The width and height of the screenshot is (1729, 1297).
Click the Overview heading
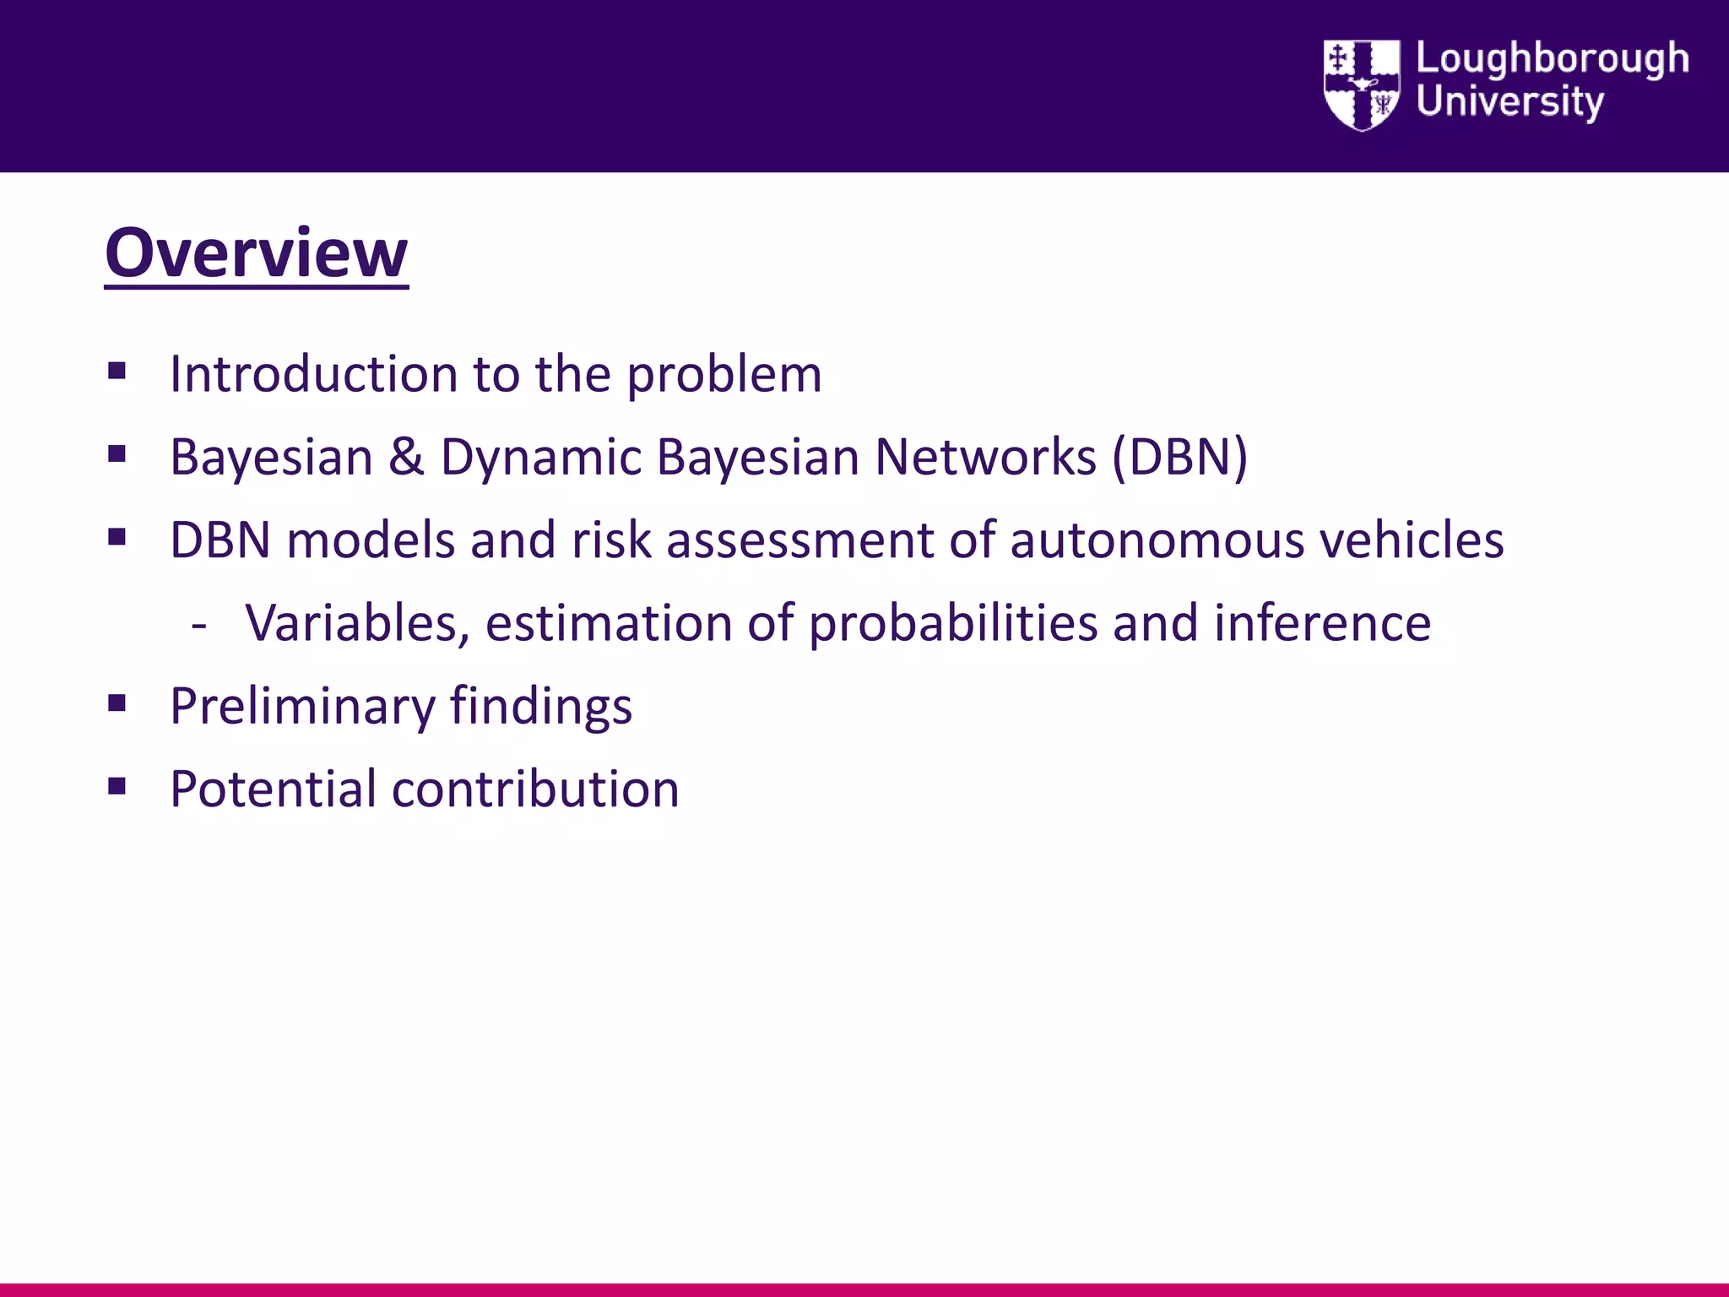pyautogui.click(x=256, y=252)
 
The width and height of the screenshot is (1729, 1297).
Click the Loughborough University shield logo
pyautogui.click(x=1361, y=84)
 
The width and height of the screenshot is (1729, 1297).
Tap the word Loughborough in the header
pyautogui.click(x=1552, y=59)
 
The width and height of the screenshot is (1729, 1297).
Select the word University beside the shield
pyautogui.click(x=1509, y=102)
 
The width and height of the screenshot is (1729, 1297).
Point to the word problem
pyautogui.click(x=724, y=375)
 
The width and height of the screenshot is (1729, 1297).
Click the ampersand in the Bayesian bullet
pyautogui.click(x=406, y=457)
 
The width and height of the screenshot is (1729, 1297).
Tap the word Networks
pyautogui.click(x=984, y=457)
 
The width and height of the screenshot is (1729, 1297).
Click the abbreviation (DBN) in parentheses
pyautogui.click(x=1179, y=457)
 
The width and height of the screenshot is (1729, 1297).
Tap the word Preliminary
pyautogui.click(x=301, y=707)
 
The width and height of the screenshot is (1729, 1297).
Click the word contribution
pyautogui.click(x=535, y=790)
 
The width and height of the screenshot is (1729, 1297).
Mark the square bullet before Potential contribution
pyautogui.click(x=117, y=787)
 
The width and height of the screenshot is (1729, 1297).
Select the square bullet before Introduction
pyautogui.click(x=117, y=371)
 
